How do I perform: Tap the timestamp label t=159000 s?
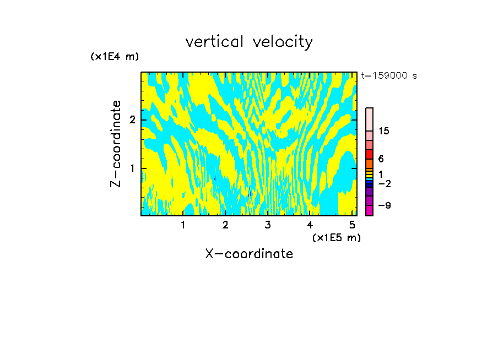click(388, 75)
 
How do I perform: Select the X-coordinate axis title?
click(249, 254)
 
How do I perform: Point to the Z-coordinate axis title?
click(116, 144)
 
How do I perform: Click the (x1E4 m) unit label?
click(115, 57)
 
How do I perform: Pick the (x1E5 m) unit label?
click(336, 237)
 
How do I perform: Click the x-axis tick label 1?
click(183, 225)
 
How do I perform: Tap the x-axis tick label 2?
click(225, 225)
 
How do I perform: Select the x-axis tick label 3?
click(267, 225)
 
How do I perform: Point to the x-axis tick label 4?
click(310, 225)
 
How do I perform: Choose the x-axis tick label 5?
click(351, 225)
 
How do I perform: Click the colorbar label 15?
click(384, 131)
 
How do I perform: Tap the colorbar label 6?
click(381, 159)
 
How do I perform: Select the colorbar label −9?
click(384, 205)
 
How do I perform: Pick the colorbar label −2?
click(384, 183)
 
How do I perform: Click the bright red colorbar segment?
click(370, 154)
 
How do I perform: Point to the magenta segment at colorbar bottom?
click(370, 210)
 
